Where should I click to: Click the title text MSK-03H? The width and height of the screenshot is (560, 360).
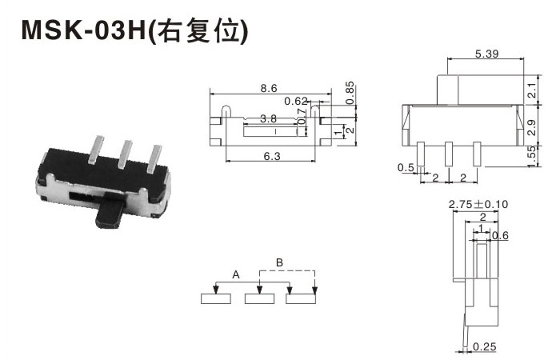[84, 30]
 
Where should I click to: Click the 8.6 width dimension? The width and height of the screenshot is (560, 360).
[269, 88]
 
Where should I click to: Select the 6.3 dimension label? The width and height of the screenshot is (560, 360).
[272, 156]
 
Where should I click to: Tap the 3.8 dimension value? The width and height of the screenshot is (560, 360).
[268, 118]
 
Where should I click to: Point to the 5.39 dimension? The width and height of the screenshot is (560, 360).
[486, 54]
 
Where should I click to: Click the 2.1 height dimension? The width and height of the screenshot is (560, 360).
[532, 90]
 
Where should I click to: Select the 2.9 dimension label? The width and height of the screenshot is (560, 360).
[532, 127]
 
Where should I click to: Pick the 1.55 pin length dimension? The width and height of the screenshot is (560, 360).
[532, 156]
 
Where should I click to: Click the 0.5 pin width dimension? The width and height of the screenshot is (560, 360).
[406, 167]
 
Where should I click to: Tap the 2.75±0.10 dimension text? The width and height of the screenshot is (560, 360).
[478, 204]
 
